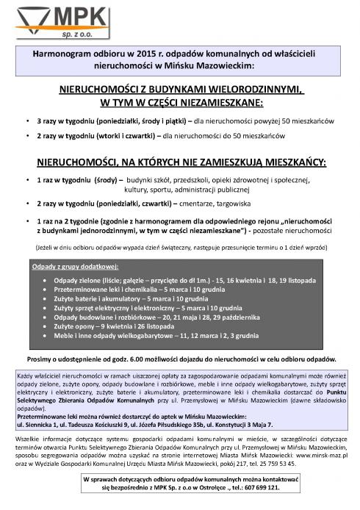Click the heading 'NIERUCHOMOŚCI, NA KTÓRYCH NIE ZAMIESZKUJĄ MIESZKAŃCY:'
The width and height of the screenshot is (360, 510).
pos(180,160)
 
